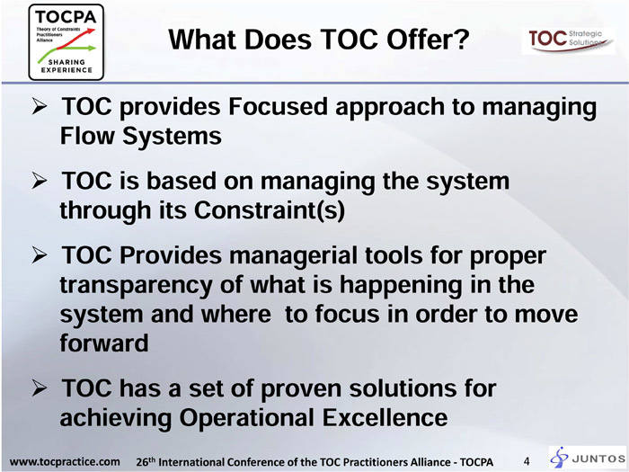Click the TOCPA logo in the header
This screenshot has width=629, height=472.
(x=66, y=42)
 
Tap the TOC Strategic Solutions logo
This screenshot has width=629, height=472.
(x=568, y=41)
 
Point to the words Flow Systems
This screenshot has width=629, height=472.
(x=140, y=136)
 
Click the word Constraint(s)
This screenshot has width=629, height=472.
(x=270, y=209)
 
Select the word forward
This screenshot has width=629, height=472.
(x=104, y=343)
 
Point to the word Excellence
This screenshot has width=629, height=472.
(x=385, y=417)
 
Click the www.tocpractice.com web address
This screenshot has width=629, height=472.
(x=64, y=461)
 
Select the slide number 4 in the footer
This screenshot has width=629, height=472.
(x=527, y=461)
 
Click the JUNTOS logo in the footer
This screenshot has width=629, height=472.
(x=588, y=457)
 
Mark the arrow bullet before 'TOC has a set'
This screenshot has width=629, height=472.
(x=39, y=389)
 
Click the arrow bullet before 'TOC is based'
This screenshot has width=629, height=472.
(x=39, y=182)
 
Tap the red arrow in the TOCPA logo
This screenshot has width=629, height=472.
(x=76, y=39)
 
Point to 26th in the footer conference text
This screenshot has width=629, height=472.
(x=146, y=461)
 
